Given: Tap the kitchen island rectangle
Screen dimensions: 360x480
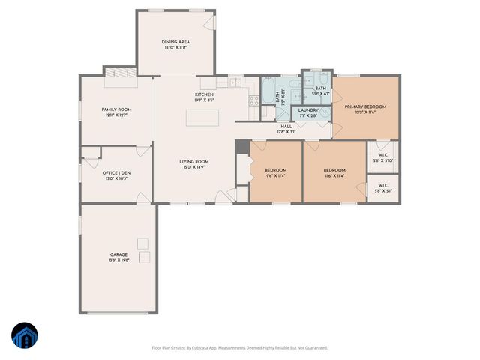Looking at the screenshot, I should [x=202, y=118].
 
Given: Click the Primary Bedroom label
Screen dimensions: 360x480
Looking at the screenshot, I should [x=365, y=106].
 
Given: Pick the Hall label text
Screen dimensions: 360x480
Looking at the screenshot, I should [x=286, y=127].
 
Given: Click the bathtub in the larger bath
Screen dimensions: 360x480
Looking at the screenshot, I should [x=268, y=97].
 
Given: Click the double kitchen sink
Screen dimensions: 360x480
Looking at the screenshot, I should [x=235, y=82].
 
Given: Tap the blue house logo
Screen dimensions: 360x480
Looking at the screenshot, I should [x=24, y=336].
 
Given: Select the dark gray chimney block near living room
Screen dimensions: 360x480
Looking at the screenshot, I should [x=241, y=147].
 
